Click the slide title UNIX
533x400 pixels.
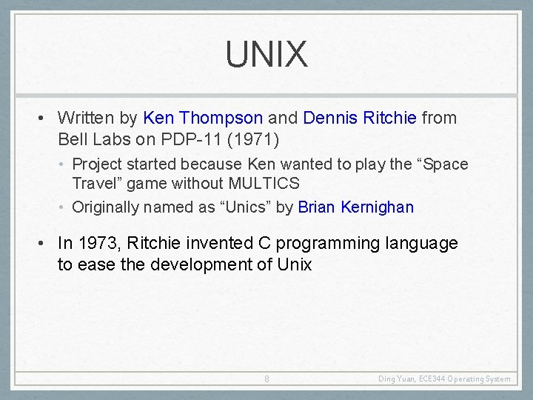click(x=266, y=55)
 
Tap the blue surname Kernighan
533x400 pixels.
click(x=378, y=207)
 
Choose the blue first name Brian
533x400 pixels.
click(x=317, y=207)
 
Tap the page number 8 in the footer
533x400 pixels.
click(x=266, y=379)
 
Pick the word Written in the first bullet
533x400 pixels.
click(x=86, y=118)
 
